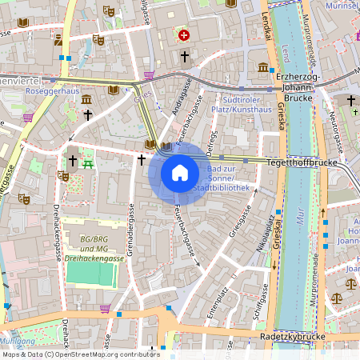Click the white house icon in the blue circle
tap(179, 172)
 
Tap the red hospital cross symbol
tap(184, 35)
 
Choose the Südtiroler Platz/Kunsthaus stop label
tap(241, 103)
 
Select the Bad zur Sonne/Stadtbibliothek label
tap(229, 179)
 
